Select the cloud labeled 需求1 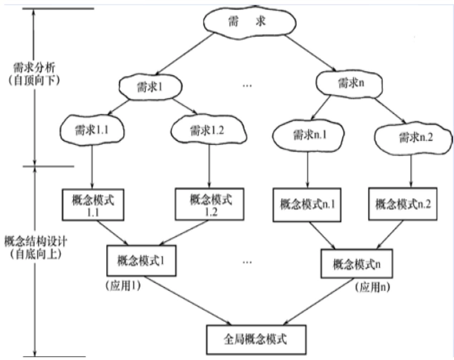click(150, 87)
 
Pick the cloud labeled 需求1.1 click(92, 130)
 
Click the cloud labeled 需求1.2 click(209, 130)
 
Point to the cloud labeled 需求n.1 click(308, 135)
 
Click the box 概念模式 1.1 click(93, 205)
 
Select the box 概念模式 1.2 click(210, 204)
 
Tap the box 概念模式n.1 click(307, 205)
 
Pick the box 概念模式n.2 click(403, 204)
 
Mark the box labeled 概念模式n click(356, 264)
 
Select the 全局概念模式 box click(256, 339)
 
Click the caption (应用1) click(123, 286)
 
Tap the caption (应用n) click(372, 287)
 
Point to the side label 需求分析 click(34, 68)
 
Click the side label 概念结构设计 click(35, 242)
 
